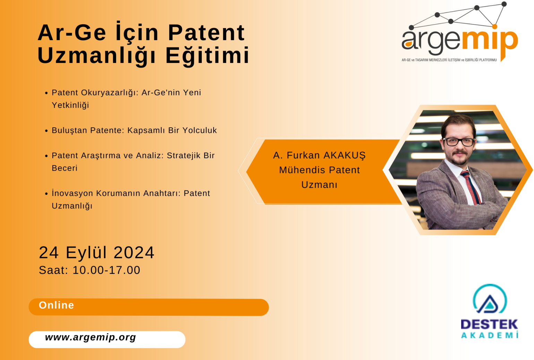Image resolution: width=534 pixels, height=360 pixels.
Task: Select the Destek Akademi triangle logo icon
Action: [x=490, y=299]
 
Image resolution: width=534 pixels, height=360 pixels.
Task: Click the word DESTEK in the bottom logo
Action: [x=489, y=325]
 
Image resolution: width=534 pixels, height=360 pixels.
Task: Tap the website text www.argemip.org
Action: [x=91, y=337]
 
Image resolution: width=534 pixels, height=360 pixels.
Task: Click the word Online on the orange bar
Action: [x=57, y=305]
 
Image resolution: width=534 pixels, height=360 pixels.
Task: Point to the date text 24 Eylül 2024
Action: [x=96, y=252]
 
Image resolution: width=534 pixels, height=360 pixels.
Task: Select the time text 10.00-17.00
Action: [x=106, y=270]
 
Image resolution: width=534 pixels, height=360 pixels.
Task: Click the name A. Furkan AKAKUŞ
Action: [x=319, y=156]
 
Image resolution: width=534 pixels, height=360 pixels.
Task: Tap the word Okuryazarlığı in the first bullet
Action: [x=110, y=93]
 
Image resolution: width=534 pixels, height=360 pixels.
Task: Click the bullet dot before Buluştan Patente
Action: [x=46, y=130]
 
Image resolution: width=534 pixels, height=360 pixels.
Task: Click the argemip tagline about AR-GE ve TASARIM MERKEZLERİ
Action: [x=449, y=60]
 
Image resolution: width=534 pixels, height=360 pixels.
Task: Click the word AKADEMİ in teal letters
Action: [x=490, y=335]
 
